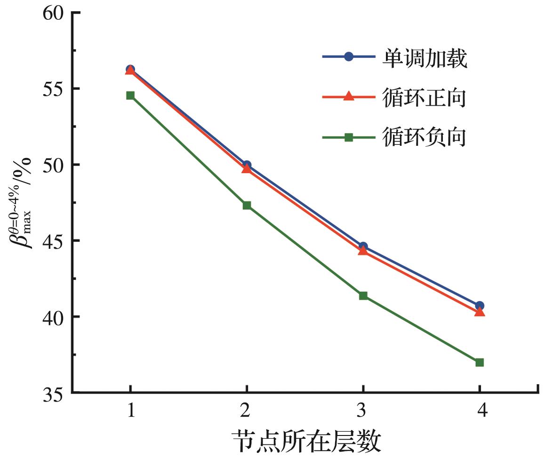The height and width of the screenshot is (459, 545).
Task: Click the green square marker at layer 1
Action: [x=130, y=95]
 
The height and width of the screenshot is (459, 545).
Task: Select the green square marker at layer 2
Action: [x=247, y=205]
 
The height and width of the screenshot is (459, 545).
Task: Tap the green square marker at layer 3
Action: [x=363, y=296]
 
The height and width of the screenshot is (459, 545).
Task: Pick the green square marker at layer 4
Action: [x=479, y=362]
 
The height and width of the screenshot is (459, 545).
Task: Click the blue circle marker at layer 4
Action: [x=479, y=306]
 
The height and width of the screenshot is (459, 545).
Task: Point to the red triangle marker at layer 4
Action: [x=479, y=311]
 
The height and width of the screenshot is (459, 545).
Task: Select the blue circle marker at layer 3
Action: [x=363, y=246]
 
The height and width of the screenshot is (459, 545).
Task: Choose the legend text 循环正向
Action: [x=425, y=98]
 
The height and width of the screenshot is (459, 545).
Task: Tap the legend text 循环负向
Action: [x=425, y=138]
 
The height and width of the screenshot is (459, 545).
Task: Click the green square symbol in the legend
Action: [x=348, y=137]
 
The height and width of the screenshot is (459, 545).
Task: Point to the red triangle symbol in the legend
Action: [x=348, y=97]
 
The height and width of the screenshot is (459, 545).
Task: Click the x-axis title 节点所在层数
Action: [x=306, y=442]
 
